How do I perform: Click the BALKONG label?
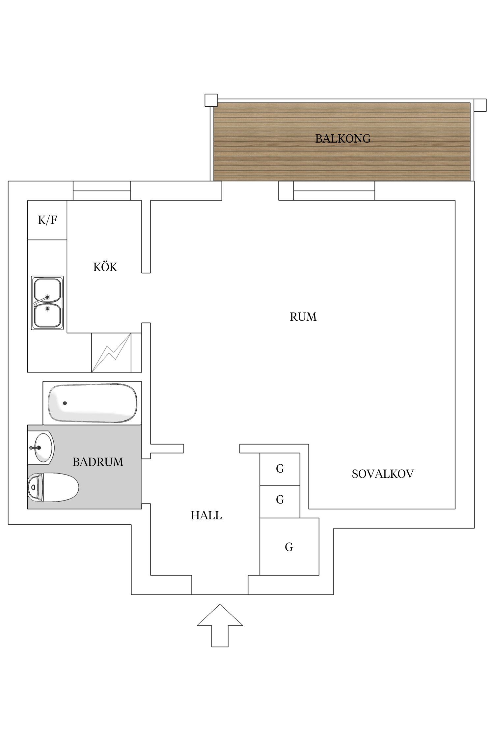(343, 139)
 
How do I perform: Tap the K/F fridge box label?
(47, 220)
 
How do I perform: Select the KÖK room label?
(105, 267)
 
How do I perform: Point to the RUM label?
(303, 317)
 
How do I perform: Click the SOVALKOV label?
(382, 474)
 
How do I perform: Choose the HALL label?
(206, 515)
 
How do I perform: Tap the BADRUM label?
(98, 462)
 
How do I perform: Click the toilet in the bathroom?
(53, 487)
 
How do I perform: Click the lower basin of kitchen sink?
(48, 315)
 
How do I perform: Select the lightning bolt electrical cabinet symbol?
(111, 353)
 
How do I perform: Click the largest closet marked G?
(289, 547)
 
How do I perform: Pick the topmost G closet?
(280, 469)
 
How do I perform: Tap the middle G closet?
(280, 500)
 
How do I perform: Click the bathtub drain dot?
(65, 403)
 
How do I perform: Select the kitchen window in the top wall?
(102, 191)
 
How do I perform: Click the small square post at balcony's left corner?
(211, 100)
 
